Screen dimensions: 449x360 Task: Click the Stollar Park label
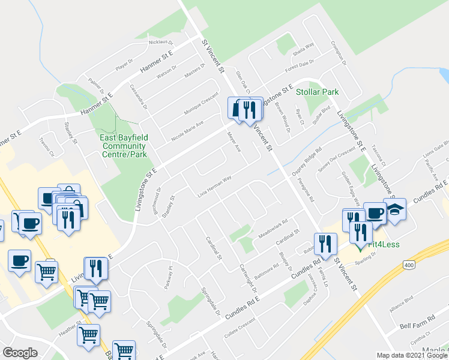(x=318, y=92)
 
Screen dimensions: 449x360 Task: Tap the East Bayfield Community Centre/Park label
(x=122, y=142)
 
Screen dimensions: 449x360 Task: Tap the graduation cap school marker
(x=396, y=210)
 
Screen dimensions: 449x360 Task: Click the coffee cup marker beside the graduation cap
(x=375, y=212)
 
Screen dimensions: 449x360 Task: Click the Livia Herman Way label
(x=214, y=187)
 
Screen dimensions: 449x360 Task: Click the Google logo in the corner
(x=20, y=353)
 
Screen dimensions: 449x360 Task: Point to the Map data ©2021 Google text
(x=412, y=355)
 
